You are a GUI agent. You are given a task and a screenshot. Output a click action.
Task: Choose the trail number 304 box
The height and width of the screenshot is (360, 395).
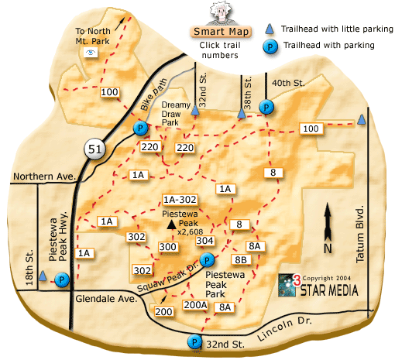[204, 240]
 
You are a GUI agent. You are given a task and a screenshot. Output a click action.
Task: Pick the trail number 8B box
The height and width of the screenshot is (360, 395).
[240, 259]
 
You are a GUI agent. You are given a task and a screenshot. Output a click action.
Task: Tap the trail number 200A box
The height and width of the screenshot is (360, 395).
[194, 305]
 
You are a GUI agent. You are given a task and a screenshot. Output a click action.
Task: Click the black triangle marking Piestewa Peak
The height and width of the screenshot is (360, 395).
[170, 223]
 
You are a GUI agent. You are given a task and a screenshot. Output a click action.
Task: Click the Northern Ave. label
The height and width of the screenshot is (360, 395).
[43, 177]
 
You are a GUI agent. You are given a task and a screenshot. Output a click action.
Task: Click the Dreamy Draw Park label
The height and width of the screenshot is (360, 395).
[176, 113]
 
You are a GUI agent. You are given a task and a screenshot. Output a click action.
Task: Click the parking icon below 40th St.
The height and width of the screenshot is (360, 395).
[266, 107]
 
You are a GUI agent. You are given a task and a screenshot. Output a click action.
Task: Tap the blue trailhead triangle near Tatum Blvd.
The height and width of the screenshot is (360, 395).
[362, 118]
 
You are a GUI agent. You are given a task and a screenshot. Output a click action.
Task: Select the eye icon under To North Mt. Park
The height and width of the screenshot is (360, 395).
[91, 53]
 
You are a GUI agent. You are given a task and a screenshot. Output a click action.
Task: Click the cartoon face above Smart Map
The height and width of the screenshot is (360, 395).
[220, 12]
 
